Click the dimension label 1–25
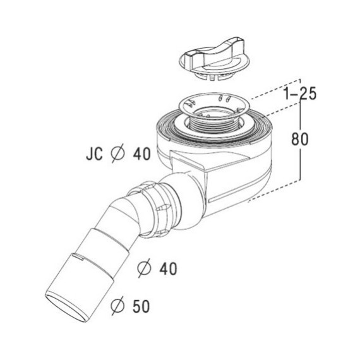click(x=300, y=93)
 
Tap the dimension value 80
click(x=300, y=139)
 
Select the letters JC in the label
click(x=94, y=154)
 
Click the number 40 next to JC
click(x=142, y=154)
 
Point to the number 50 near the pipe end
click(x=141, y=306)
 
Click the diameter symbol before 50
click(x=117, y=306)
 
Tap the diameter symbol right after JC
click(x=117, y=153)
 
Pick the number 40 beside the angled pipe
click(x=168, y=269)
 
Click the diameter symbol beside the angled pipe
click(x=144, y=268)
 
